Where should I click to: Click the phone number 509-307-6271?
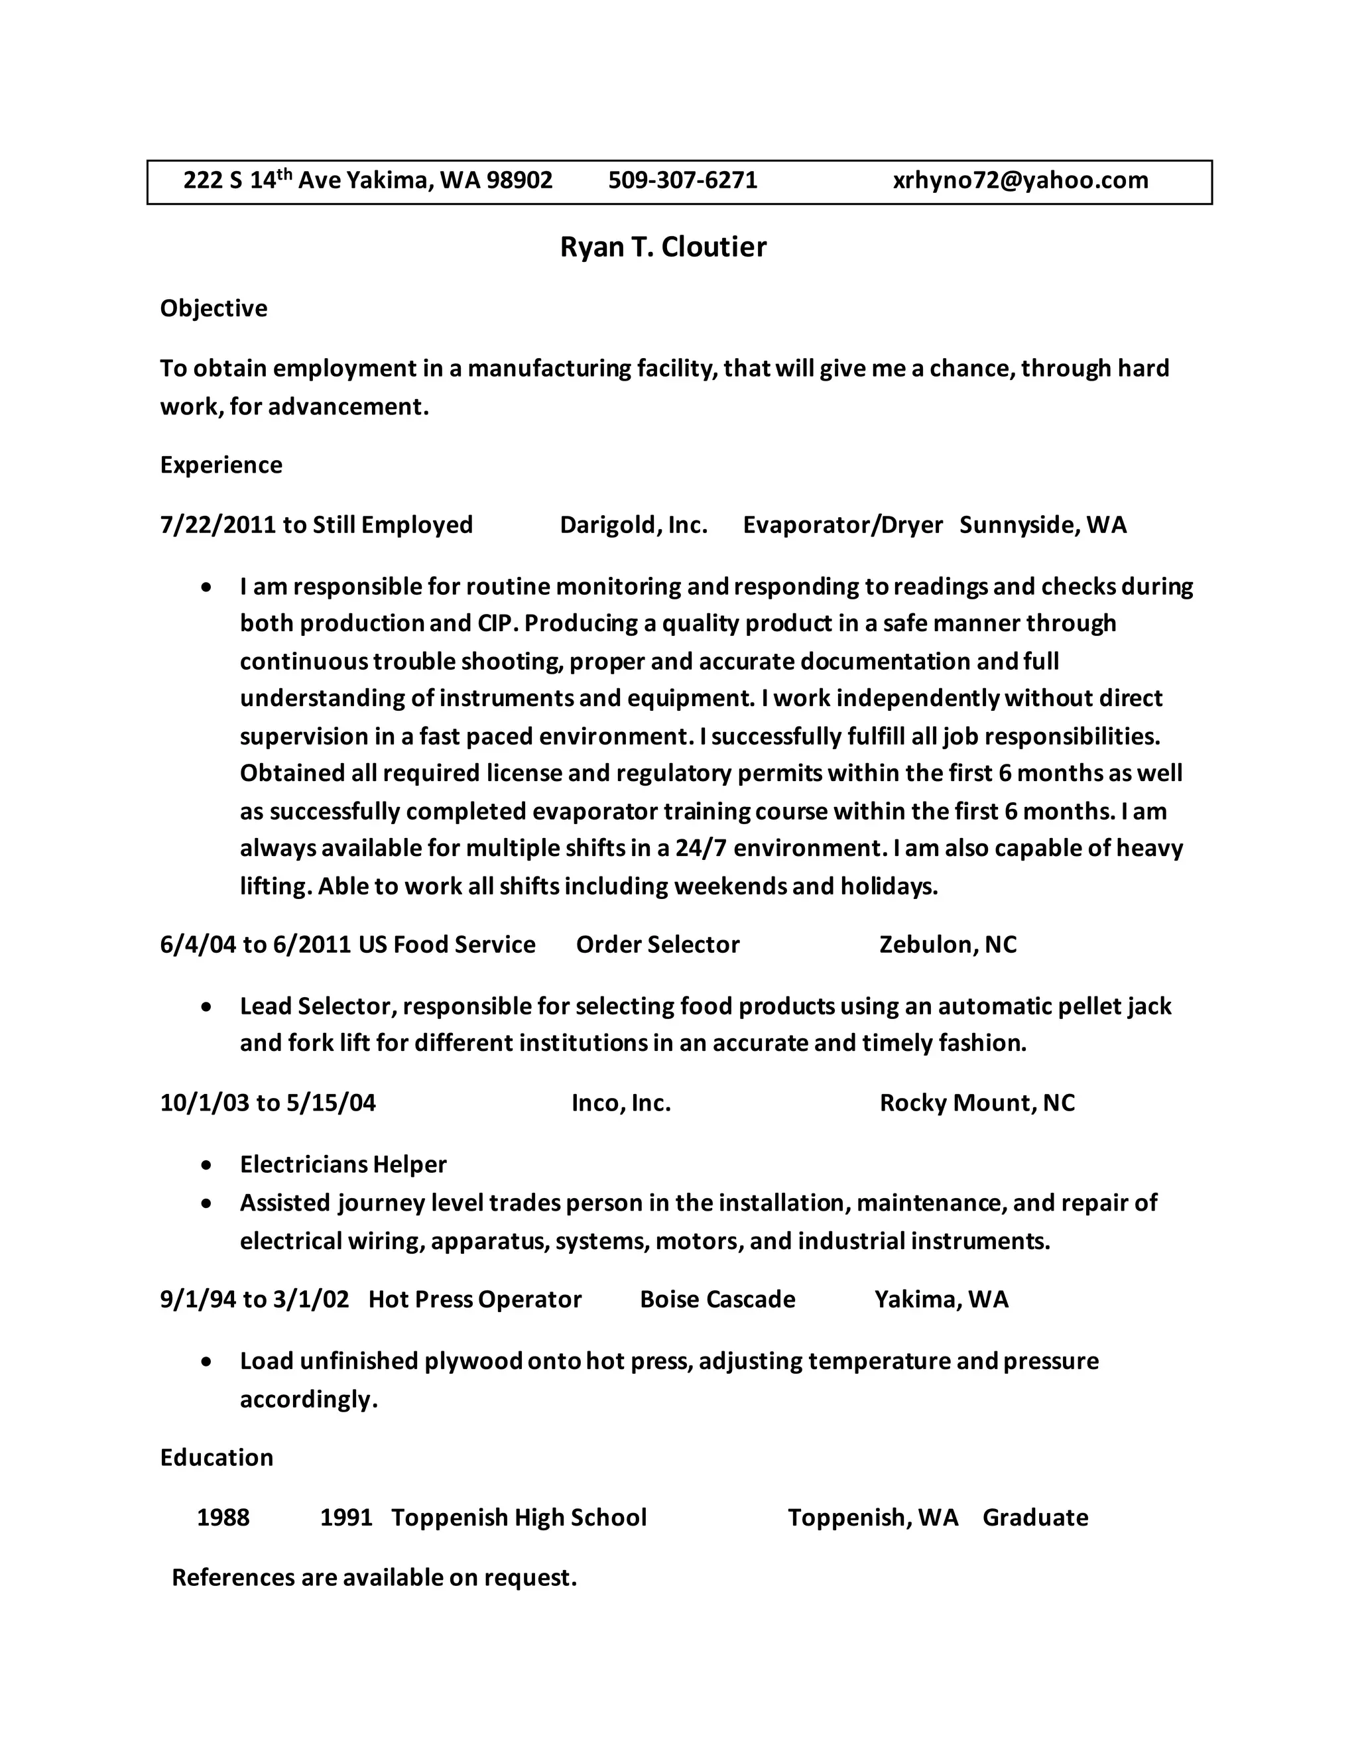tap(682, 180)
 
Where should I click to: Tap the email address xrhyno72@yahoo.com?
tap(1020, 180)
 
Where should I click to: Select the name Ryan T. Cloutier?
tap(663, 247)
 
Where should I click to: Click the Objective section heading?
tap(214, 308)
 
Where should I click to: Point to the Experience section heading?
tap(221, 465)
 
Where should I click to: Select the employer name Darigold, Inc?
tap(633, 525)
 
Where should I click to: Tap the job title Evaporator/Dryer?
tap(842, 525)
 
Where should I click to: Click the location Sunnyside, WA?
tap(1042, 525)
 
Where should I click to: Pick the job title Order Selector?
tap(657, 943)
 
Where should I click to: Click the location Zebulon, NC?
tap(948, 943)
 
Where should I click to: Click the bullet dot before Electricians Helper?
tap(208, 1165)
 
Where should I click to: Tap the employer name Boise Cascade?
tap(717, 1300)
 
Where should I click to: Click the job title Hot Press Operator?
tap(475, 1300)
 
